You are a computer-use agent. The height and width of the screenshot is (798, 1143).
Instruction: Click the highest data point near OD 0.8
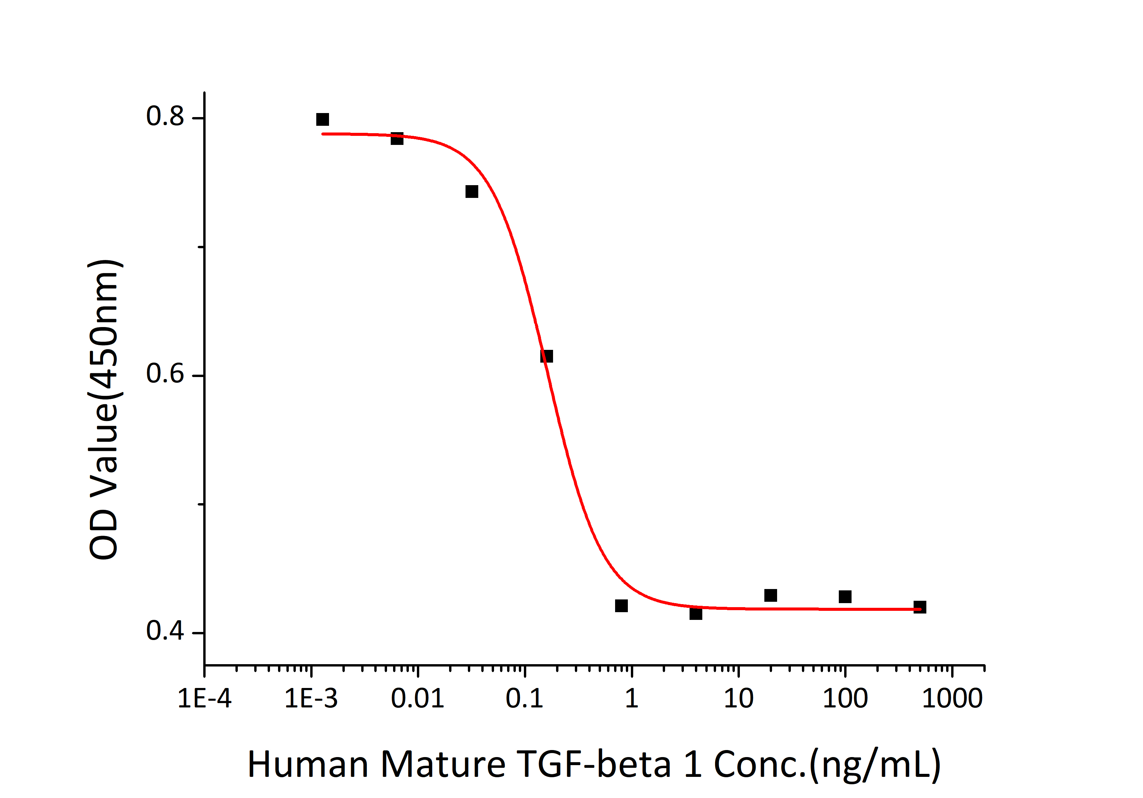pos(323,119)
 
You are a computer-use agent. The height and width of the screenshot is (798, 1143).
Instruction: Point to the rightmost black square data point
pos(920,607)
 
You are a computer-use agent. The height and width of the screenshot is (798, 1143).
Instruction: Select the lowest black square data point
pos(696,613)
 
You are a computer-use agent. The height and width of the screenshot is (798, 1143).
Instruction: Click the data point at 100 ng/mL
pos(845,596)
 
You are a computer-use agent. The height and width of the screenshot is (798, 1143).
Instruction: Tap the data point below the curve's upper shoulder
pos(472,192)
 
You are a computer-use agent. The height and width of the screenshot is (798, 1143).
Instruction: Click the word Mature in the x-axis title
pos(443,764)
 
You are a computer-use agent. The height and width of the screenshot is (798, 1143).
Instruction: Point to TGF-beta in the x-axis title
pos(595,764)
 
